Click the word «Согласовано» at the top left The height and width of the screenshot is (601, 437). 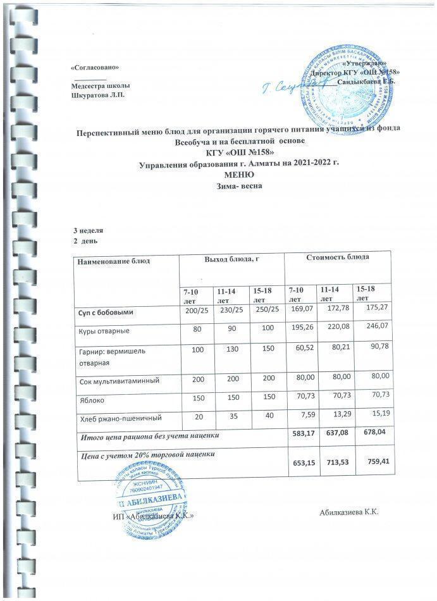click(x=95, y=66)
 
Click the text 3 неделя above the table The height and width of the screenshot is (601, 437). click(x=89, y=231)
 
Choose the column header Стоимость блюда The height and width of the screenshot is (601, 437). click(x=338, y=257)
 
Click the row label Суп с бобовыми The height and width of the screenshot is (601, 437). click(x=106, y=313)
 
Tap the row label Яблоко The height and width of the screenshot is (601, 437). click(x=90, y=401)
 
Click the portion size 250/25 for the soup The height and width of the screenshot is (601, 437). click(x=266, y=312)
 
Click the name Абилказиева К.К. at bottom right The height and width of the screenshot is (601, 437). click(x=348, y=512)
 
